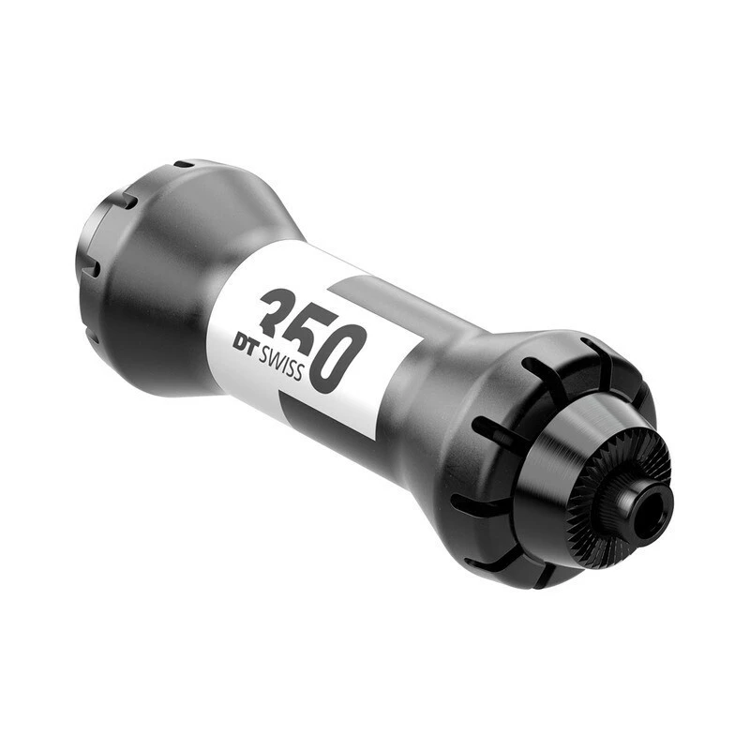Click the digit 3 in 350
[x=278, y=312]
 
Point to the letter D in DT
[x=241, y=343]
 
